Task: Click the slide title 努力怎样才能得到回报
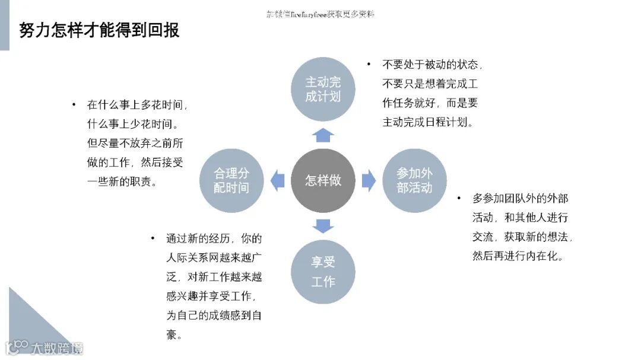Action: click(x=99, y=30)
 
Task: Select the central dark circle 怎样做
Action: click(x=323, y=180)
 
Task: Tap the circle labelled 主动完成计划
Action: click(x=323, y=89)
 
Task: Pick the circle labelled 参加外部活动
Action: click(x=414, y=180)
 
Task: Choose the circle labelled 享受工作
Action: click(x=323, y=272)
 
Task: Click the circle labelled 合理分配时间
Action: click(x=231, y=180)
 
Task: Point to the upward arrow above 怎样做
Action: click(x=323, y=135)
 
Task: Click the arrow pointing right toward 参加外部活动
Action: click(x=369, y=180)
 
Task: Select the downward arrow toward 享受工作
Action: click(x=323, y=226)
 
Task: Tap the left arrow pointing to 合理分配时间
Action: click(x=277, y=180)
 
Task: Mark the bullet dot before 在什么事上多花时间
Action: click(x=74, y=104)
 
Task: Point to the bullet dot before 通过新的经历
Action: click(x=153, y=238)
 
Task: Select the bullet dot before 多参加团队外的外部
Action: click(x=459, y=198)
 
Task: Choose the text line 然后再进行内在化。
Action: click(x=518, y=256)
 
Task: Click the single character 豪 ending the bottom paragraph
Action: click(x=172, y=334)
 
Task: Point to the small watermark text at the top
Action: click(x=320, y=14)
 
